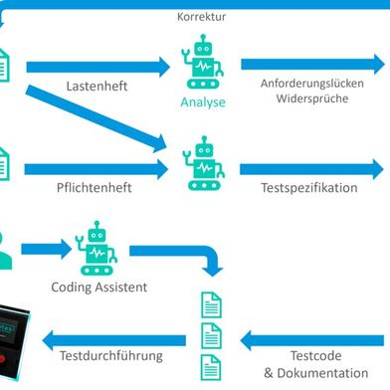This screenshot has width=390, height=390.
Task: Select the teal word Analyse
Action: (x=203, y=101)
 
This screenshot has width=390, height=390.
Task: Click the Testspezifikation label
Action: (x=309, y=188)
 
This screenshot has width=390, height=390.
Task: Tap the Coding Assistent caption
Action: (x=99, y=288)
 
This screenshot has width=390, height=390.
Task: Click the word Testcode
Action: (x=316, y=356)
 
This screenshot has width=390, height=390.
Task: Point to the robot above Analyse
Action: (x=203, y=62)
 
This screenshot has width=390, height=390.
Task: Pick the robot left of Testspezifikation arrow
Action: (x=204, y=163)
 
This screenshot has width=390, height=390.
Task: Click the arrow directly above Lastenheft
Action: (x=97, y=67)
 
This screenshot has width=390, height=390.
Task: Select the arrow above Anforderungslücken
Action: (x=311, y=65)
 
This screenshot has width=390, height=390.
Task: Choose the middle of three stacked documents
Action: (x=211, y=332)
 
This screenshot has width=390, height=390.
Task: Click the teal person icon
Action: (x=8, y=251)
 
